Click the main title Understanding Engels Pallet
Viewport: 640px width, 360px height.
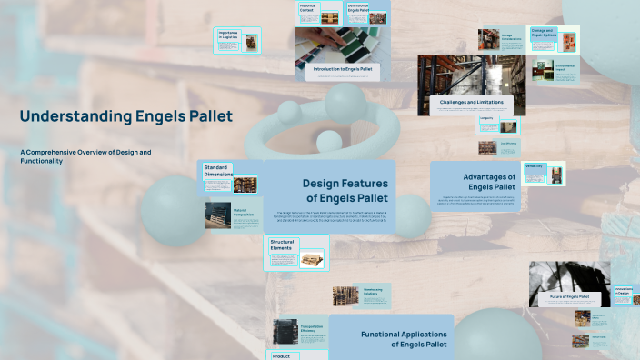coord(126,116)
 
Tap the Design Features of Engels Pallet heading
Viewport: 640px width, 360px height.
coord(345,190)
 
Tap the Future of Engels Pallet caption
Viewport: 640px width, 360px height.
coord(569,296)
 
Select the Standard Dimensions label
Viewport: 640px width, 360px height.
coord(217,170)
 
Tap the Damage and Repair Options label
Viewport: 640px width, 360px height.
coord(543,33)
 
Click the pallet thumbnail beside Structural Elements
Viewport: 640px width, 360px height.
coord(311,259)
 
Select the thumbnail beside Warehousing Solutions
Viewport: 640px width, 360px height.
coord(345,296)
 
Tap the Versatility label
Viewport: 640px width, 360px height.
coord(533,166)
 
